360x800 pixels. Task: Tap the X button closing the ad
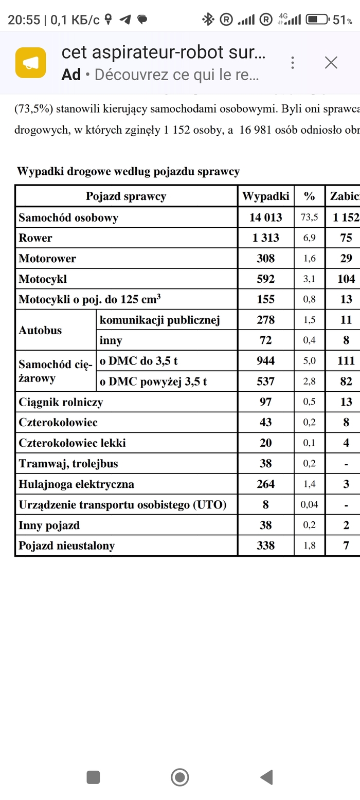(331, 63)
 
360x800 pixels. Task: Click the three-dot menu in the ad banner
(293, 63)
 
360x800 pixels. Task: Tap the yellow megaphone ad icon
(31, 63)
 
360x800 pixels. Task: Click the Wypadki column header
(265, 196)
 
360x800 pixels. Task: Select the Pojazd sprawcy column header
(126, 196)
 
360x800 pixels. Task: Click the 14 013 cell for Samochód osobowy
(265, 217)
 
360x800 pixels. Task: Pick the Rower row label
(35, 238)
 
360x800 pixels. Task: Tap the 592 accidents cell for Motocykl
(265, 279)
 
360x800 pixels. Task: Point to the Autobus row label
(40, 330)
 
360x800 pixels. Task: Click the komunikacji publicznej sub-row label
(159, 320)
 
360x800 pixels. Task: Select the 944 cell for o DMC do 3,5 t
(265, 361)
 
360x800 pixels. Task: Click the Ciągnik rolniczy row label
(61, 402)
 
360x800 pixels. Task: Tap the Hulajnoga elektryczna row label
(76, 484)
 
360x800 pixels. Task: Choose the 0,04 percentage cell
(309, 505)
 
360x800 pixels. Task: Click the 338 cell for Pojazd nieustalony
(265, 546)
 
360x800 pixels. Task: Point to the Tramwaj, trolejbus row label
(68, 464)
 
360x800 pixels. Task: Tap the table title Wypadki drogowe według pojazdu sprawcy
(129, 171)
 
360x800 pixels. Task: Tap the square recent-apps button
(93, 777)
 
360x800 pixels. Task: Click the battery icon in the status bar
(318, 20)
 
